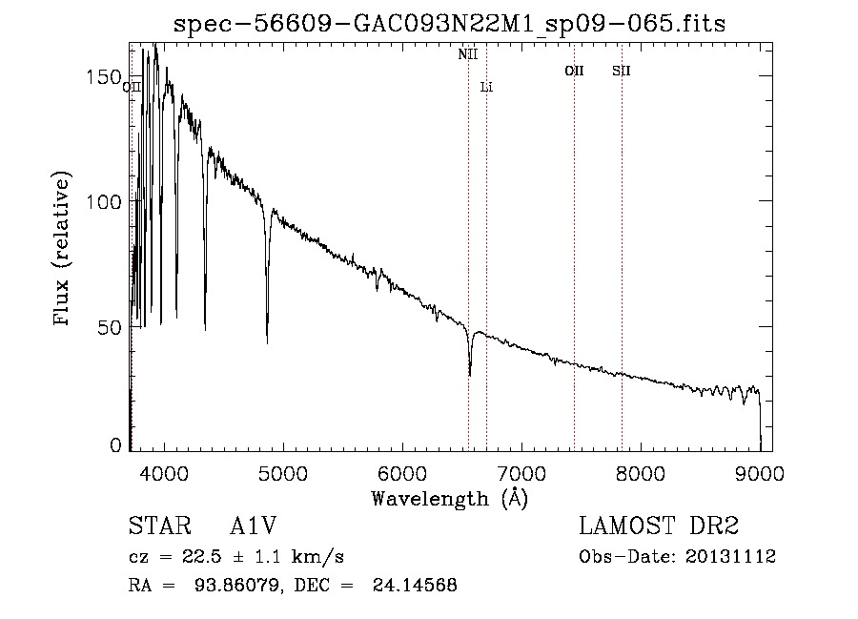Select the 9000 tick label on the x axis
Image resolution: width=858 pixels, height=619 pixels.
759,472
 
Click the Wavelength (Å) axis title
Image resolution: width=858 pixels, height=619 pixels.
449,498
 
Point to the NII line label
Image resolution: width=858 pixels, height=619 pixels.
467,55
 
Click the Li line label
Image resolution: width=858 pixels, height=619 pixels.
486,88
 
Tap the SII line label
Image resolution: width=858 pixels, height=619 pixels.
622,71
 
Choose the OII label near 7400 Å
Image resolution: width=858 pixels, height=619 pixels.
574,71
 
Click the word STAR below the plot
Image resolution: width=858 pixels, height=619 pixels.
157,526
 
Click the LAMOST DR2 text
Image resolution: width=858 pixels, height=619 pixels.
659,526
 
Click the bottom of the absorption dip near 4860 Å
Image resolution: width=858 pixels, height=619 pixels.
267,342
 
